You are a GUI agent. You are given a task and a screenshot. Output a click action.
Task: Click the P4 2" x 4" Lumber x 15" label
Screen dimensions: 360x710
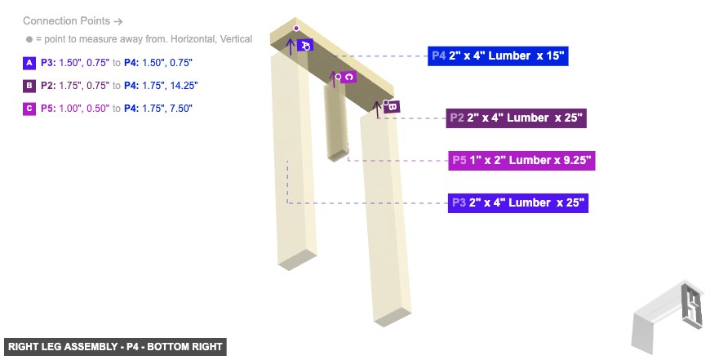pos(497,56)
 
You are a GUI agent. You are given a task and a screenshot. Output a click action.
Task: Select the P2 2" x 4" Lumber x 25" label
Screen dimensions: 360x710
pos(516,118)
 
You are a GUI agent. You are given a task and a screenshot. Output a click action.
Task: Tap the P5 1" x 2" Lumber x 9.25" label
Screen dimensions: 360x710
pos(521,160)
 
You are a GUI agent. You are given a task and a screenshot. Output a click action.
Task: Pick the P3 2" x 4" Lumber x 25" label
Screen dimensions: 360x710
pos(517,202)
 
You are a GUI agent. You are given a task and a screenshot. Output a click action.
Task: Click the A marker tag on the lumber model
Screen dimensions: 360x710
pos(304,46)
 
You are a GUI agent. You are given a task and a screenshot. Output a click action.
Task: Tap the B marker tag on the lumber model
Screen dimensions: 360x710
pos(391,106)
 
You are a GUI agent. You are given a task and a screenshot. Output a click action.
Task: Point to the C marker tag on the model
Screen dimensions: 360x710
pos(348,77)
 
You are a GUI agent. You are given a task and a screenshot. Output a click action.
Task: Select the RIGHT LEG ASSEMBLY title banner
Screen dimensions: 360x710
pos(114,347)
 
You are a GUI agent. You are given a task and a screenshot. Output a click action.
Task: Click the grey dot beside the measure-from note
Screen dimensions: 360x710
pos(29,39)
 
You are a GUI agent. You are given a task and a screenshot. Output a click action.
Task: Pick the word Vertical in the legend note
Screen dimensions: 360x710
pos(235,39)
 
